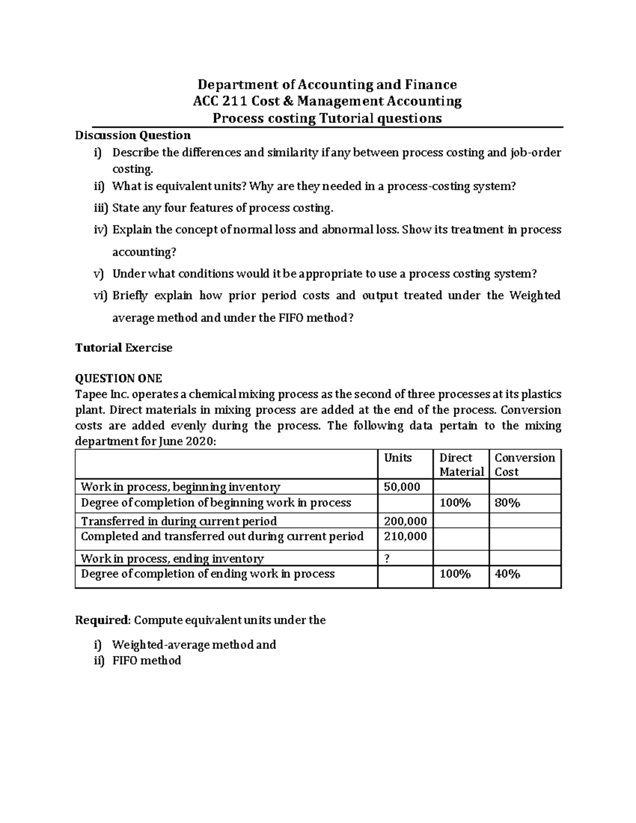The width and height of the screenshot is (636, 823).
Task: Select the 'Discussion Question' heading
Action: pos(132,135)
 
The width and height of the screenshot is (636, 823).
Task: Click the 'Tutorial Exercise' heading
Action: pos(123,348)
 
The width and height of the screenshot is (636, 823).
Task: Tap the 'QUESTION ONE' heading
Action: pos(118,378)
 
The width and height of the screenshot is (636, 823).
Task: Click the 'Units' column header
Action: pos(397,458)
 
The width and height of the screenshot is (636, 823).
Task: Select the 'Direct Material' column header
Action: pos(461,465)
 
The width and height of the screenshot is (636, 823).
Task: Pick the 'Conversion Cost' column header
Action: pos(524,465)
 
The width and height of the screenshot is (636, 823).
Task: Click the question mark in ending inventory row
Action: pos(387,559)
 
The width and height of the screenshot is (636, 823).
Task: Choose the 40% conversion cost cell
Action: pos(507,574)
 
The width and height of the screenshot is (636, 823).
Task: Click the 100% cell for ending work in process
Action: pos(455,574)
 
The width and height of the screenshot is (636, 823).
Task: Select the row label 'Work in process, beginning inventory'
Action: pos(180,487)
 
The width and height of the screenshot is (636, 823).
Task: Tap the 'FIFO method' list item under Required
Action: pos(146,660)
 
